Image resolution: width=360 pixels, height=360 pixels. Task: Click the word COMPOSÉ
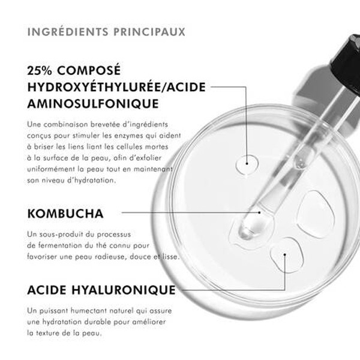(96, 70)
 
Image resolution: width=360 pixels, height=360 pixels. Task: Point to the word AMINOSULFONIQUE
(93, 104)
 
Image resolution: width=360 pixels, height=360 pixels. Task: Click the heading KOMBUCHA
(66, 213)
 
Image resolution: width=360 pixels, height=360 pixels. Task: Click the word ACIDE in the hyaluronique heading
(47, 290)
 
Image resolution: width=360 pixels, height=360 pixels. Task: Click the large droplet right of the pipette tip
(316, 214)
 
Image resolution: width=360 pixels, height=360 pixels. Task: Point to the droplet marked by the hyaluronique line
(284, 256)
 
